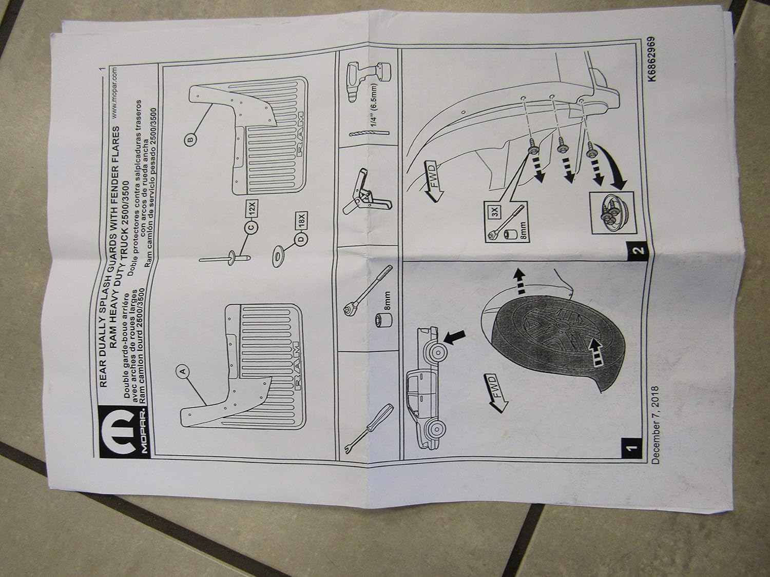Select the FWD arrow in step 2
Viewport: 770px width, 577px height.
click(438, 186)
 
